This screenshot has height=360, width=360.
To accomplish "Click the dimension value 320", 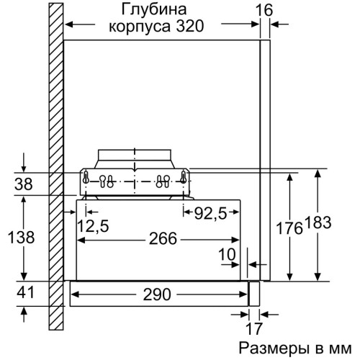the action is click(190, 26).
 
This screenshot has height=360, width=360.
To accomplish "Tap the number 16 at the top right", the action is click(264, 10).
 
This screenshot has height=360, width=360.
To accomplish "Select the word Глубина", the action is click(154, 10).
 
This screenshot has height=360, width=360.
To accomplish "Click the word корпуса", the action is click(140, 27).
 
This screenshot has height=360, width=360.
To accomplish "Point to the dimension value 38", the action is click(24, 184).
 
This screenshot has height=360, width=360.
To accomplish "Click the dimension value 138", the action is click(22, 237).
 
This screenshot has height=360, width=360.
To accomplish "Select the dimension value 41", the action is click(25, 292).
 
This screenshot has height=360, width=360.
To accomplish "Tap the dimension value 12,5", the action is click(93, 226).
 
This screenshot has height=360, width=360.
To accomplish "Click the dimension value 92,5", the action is click(210, 213).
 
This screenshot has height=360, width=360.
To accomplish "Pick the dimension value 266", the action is click(163, 238).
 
